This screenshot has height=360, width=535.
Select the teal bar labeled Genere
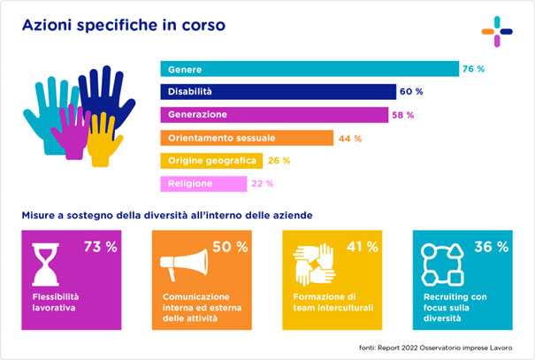(309, 69)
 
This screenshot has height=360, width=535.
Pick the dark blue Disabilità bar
(278, 92)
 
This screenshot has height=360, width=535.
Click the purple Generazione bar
(274, 115)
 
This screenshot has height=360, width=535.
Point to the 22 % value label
(263, 184)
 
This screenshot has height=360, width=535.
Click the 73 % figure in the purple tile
(99, 247)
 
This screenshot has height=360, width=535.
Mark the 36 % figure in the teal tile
(492, 247)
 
